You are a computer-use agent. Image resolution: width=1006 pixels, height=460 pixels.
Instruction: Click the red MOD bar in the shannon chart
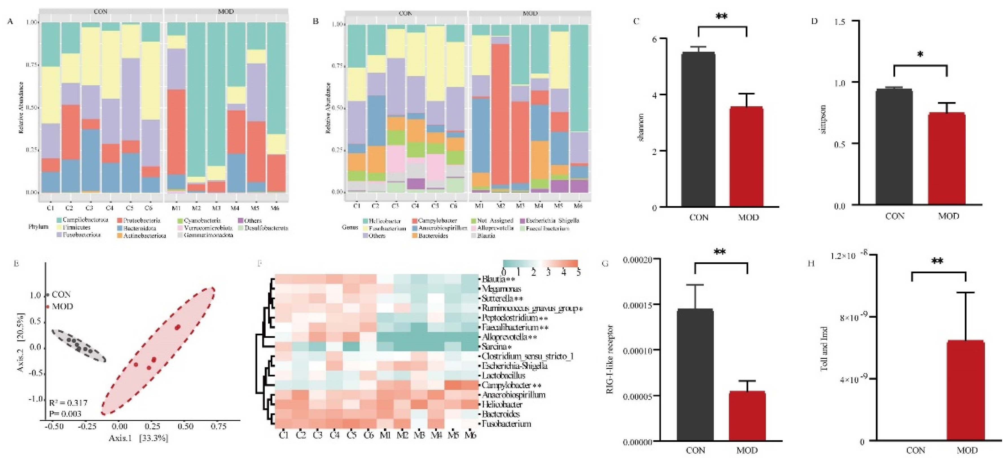point(746,156)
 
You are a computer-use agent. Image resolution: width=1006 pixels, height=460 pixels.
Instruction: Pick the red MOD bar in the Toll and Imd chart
point(966,390)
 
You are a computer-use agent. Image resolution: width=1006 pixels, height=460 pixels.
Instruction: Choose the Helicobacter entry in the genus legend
point(385,221)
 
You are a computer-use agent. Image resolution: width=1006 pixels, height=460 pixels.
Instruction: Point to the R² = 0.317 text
point(68,403)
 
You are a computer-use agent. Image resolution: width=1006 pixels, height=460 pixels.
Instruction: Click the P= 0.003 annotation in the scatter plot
point(65,413)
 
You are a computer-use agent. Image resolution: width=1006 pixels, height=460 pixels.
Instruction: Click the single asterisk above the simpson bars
point(920,55)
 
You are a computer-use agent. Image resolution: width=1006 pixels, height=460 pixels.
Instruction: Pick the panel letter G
point(605,263)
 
